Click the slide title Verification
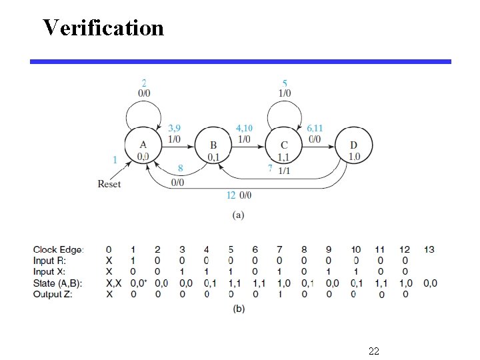point(103,28)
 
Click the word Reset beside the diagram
point(109,183)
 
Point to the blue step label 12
point(231,195)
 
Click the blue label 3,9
point(175,127)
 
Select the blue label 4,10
point(244,127)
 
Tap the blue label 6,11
point(315,127)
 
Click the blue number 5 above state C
point(284,83)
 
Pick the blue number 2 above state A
point(143,83)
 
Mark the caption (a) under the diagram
point(237,215)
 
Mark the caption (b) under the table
point(237,307)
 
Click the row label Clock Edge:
point(59,249)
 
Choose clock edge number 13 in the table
point(429,249)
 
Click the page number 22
point(373,350)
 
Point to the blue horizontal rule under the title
point(240,61)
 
